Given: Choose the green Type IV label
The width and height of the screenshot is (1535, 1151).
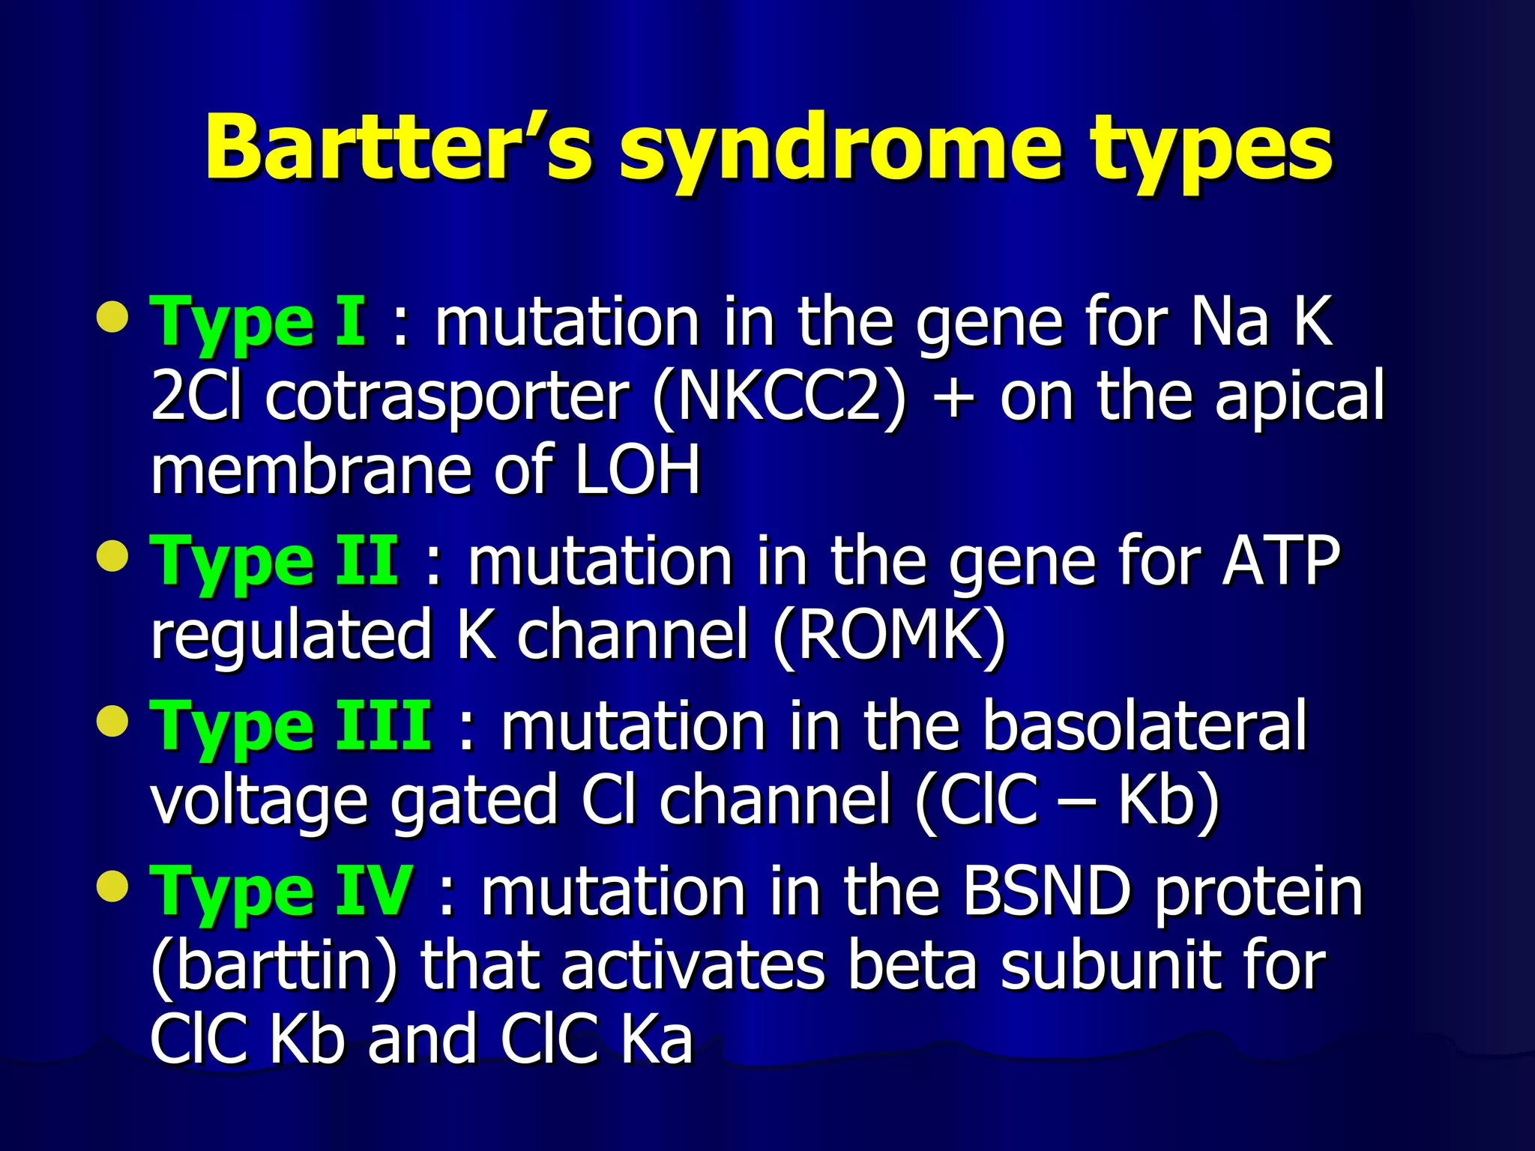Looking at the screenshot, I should (x=282, y=892).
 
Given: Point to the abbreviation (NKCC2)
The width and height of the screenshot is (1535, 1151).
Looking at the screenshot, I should (x=779, y=397).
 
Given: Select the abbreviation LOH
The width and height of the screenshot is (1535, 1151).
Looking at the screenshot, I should (x=637, y=471).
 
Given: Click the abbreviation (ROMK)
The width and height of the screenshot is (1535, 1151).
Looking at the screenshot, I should (x=888, y=635).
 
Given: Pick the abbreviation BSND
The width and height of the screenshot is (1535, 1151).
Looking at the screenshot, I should (x=1046, y=892).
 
